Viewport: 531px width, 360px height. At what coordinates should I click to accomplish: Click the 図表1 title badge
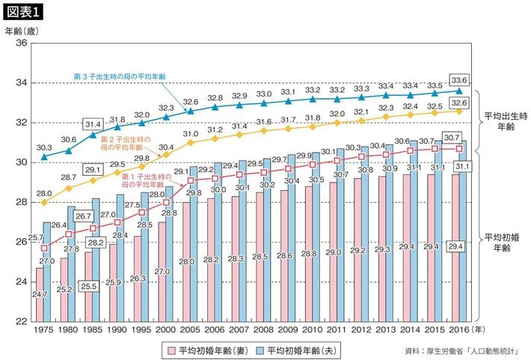click(x=25, y=12)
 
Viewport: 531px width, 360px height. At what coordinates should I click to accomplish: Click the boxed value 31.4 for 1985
click(x=93, y=124)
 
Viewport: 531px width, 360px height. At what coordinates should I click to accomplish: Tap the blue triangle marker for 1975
click(x=45, y=156)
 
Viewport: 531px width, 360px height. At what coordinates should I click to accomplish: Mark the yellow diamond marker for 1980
click(x=70, y=189)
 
